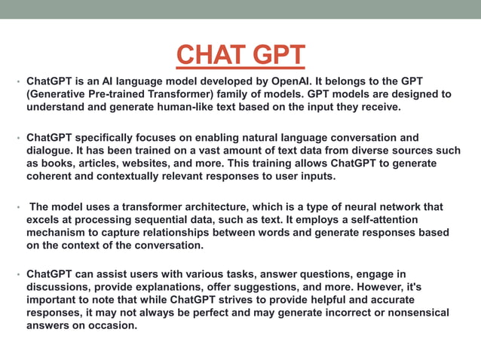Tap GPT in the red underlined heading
pyautogui.click(x=278, y=55)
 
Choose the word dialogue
pyautogui.click(x=51, y=151)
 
